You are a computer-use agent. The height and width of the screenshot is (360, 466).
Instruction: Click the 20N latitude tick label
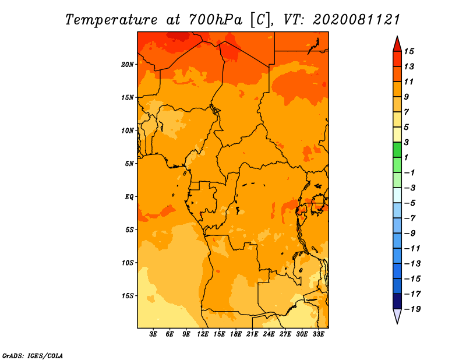click(x=128, y=65)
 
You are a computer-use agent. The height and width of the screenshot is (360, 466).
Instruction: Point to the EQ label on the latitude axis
click(x=129, y=197)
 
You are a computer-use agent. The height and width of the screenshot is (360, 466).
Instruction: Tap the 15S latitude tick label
click(x=128, y=296)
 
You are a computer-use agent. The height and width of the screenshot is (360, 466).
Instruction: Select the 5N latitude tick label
click(x=129, y=164)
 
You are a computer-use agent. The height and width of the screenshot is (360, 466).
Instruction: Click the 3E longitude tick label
click(x=153, y=334)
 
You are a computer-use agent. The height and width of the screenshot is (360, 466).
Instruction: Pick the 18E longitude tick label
click(x=236, y=334)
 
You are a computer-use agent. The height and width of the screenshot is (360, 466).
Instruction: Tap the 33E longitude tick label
click(x=318, y=334)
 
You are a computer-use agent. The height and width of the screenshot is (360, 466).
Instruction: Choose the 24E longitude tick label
click(x=269, y=334)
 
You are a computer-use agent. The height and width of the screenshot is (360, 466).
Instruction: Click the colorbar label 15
click(x=409, y=51)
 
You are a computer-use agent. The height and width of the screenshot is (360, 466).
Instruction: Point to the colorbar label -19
click(x=412, y=309)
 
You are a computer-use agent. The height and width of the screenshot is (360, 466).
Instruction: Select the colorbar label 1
click(x=406, y=157)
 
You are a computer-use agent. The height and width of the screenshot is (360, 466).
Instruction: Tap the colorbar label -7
click(x=410, y=218)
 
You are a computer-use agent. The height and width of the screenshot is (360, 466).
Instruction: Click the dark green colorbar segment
click(x=397, y=150)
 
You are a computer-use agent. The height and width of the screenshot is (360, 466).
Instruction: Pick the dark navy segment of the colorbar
click(x=397, y=301)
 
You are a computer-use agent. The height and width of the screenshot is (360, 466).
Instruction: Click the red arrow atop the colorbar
click(x=397, y=44)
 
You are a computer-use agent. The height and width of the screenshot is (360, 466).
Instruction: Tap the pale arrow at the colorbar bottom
click(x=397, y=316)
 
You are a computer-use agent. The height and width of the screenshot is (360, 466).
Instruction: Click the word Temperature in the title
click(x=111, y=20)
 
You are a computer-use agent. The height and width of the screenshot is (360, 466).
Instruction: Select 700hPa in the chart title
click(x=216, y=20)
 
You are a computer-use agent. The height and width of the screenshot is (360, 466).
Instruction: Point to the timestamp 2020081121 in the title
click(x=356, y=20)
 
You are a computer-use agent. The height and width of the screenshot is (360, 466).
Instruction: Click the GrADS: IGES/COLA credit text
click(x=33, y=356)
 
